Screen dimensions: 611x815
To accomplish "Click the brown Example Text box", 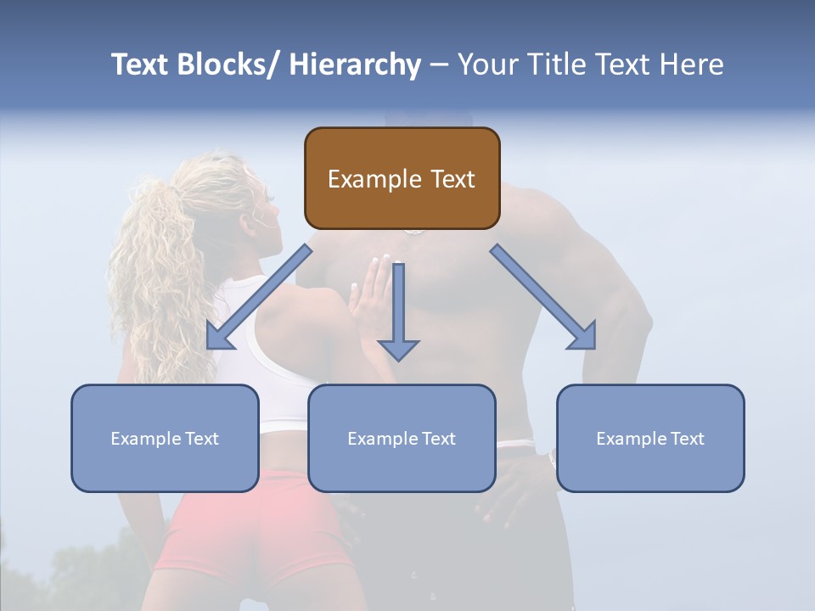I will [402, 178].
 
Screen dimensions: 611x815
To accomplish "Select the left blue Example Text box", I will [165, 438].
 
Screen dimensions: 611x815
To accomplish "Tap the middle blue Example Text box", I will [402, 438].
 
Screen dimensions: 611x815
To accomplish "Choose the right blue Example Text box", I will [650, 438].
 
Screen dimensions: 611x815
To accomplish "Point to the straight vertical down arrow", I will [398, 310].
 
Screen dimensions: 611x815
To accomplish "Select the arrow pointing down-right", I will [543, 297].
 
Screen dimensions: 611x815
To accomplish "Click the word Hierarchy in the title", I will [355, 64].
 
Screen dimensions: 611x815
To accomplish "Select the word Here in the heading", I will [693, 64].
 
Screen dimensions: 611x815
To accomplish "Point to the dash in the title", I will [439, 65].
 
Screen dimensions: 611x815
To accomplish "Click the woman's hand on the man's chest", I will [374, 297].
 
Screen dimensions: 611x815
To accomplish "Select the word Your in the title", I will [487, 64].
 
